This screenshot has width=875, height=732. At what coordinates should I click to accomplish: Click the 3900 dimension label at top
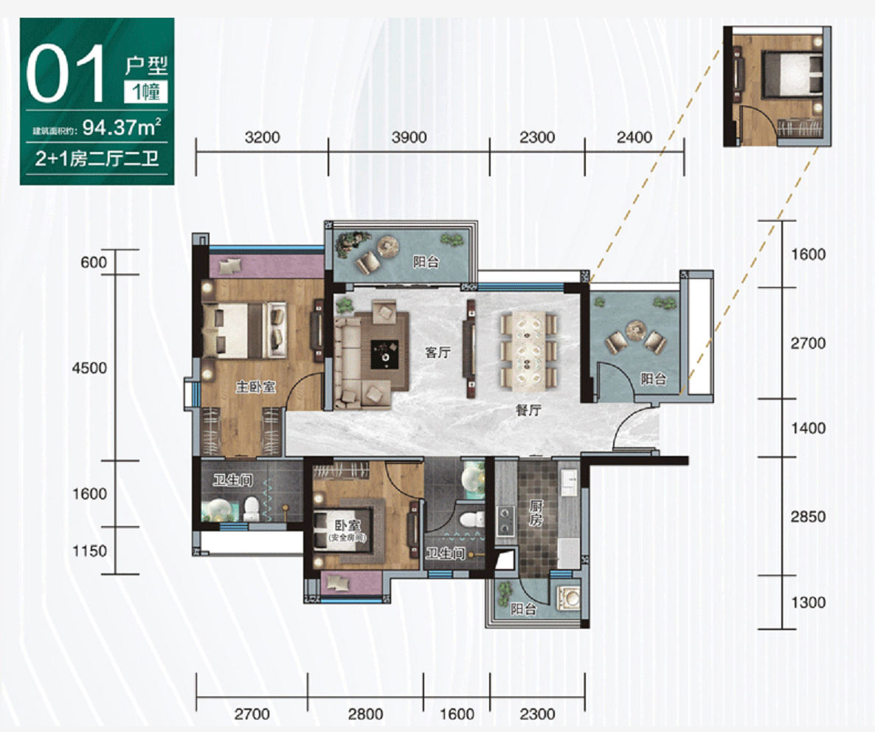pos(409,137)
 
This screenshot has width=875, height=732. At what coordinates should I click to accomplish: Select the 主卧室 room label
pos(255,386)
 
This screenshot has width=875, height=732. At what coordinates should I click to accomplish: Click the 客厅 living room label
pos(437,352)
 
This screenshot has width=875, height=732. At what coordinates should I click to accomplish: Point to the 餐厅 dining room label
pos(528,410)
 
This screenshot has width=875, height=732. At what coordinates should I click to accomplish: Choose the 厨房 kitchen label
pos(536,514)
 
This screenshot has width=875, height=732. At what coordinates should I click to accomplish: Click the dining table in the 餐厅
pos(528,349)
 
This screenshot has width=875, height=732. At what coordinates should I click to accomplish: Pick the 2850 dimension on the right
pos(807,517)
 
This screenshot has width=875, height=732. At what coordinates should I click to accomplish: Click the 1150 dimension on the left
pos(89,551)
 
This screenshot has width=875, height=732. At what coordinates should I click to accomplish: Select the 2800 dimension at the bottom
pos(365,714)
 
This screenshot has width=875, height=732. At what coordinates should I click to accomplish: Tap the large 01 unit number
pos(66,74)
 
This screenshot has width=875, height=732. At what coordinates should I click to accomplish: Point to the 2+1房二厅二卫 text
pos(97,159)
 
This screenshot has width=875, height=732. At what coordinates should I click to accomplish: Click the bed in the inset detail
pos(792,75)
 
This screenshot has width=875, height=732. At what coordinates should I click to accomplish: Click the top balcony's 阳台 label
pos(425,262)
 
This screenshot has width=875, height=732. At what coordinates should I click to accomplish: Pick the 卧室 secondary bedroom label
pos(347,525)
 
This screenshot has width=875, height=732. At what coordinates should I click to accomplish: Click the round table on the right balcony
pos(636,330)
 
